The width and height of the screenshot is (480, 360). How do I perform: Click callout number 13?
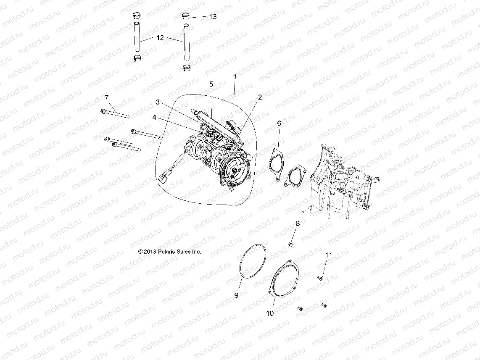[x=213, y=16]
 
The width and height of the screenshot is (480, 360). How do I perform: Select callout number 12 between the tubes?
[x=160, y=37]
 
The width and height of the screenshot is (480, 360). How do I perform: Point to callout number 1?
[x=235, y=77]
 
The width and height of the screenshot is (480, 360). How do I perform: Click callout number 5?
[x=212, y=84]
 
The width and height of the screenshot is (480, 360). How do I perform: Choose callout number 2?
[x=260, y=97]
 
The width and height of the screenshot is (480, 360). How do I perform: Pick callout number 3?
[x=157, y=102]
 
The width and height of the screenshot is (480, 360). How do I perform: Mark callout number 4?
[x=154, y=118]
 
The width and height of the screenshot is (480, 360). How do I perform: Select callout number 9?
[x=236, y=295]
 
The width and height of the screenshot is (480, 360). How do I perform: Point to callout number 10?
[x=270, y=313]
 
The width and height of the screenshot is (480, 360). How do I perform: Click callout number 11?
[x=329, y=255]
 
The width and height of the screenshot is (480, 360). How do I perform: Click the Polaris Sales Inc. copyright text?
[x=170, y=252]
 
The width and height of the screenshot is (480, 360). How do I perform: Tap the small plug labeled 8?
[x=290, y=244]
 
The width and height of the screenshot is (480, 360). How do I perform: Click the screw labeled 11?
[x=320, y=278]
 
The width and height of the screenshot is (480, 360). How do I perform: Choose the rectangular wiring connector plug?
[x=165, y=179]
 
